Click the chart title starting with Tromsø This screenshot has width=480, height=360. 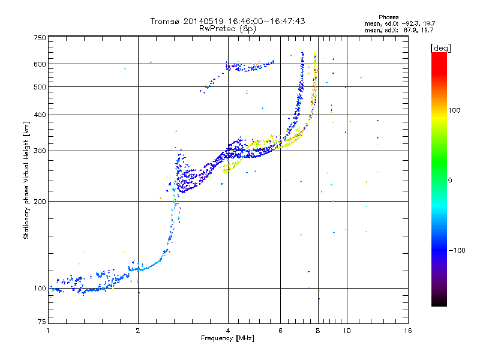pos(227,21)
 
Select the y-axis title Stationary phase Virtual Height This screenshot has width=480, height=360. pos(26,180)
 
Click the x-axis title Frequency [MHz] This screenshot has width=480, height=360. pos(227,338)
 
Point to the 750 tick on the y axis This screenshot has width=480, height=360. pos(40,38)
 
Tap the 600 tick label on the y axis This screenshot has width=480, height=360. pos(40,64)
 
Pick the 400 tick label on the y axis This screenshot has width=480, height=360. pos(40,115)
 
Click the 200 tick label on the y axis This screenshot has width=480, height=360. pos(40,201)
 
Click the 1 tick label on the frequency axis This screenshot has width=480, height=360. pos(48,331)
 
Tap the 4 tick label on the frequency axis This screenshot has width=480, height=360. pos(228,331)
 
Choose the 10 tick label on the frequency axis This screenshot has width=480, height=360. pos(346,331)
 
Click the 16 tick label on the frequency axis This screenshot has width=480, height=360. pos(407,331)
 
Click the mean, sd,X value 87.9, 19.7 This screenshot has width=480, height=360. pos(421,29)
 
